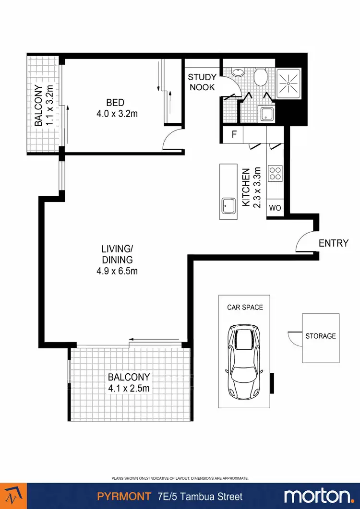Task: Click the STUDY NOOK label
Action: (202, 82)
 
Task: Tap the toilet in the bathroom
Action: (261, 77)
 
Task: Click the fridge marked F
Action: (234, 134)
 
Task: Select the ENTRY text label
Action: (334, 243)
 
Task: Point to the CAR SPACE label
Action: (245, 307)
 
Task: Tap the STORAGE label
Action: (321, 336)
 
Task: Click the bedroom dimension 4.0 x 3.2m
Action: (115, 114)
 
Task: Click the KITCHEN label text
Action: (246, 187)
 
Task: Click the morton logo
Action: (317, 496)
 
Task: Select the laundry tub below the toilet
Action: (266, 114)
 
